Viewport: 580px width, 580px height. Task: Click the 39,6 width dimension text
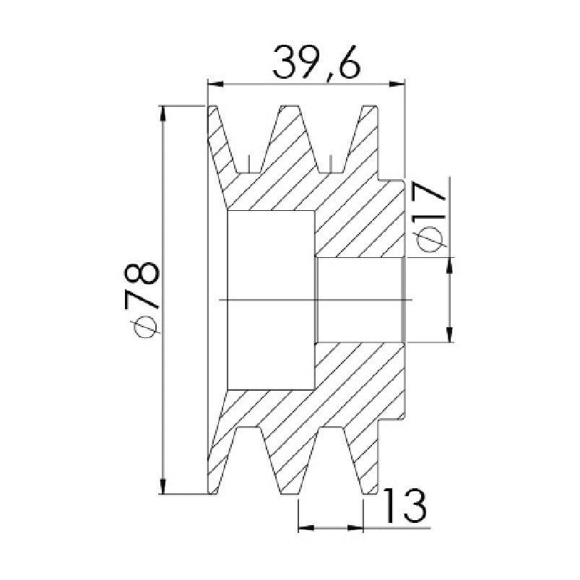click(316, 63)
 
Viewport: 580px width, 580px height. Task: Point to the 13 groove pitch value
click(405, 506)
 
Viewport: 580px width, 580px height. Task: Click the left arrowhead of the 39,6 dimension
click(216, 85)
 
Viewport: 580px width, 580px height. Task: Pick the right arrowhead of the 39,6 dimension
click(397, 85)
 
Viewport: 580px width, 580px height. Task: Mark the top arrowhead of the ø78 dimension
click(162, 113)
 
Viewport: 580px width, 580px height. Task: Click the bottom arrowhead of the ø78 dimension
click(162, 485)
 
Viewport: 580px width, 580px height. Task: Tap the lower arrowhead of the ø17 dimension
click(449, 334)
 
